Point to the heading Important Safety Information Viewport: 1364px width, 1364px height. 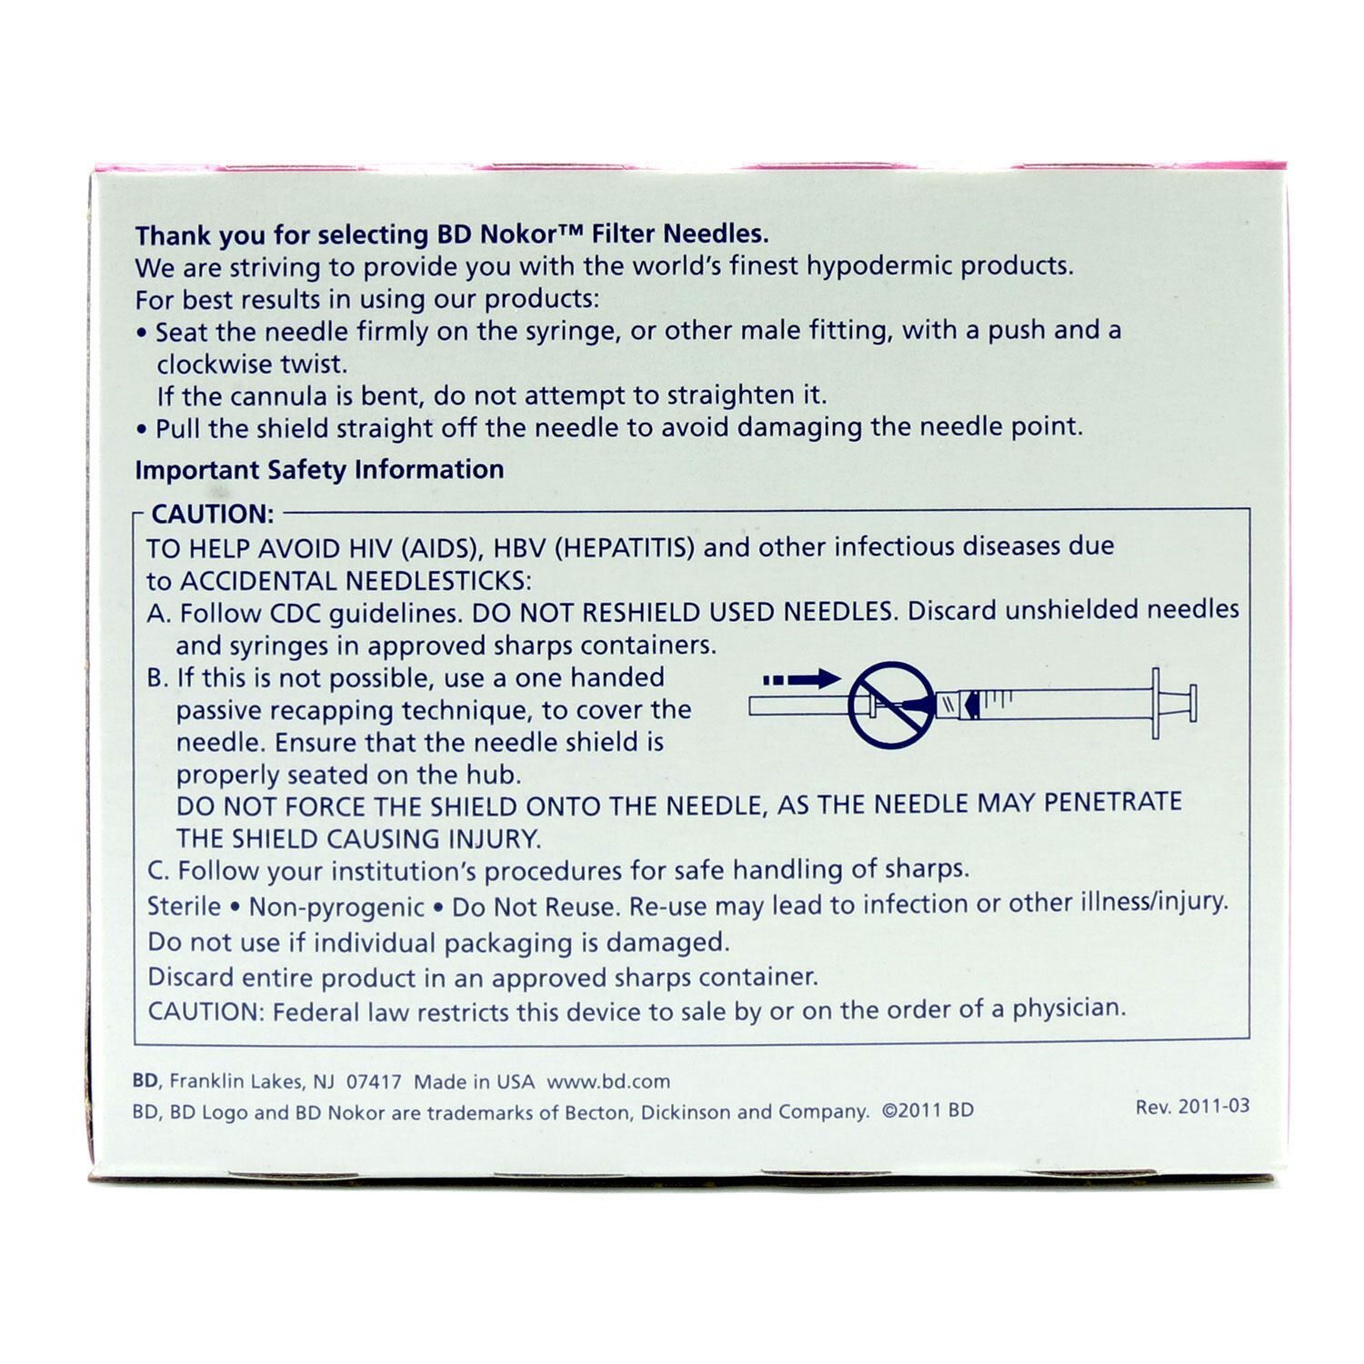319,470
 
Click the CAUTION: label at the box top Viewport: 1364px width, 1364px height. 212,515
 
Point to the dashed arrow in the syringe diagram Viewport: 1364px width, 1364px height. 801,678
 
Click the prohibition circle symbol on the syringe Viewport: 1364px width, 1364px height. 891,705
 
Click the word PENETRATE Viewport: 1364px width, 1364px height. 1112,803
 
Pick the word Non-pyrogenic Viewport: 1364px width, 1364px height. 336,907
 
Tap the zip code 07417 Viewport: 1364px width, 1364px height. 375,1082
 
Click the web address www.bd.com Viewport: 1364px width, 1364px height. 608,1082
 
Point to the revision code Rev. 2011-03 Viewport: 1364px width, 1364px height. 1192,1107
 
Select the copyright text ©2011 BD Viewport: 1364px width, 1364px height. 928,1110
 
